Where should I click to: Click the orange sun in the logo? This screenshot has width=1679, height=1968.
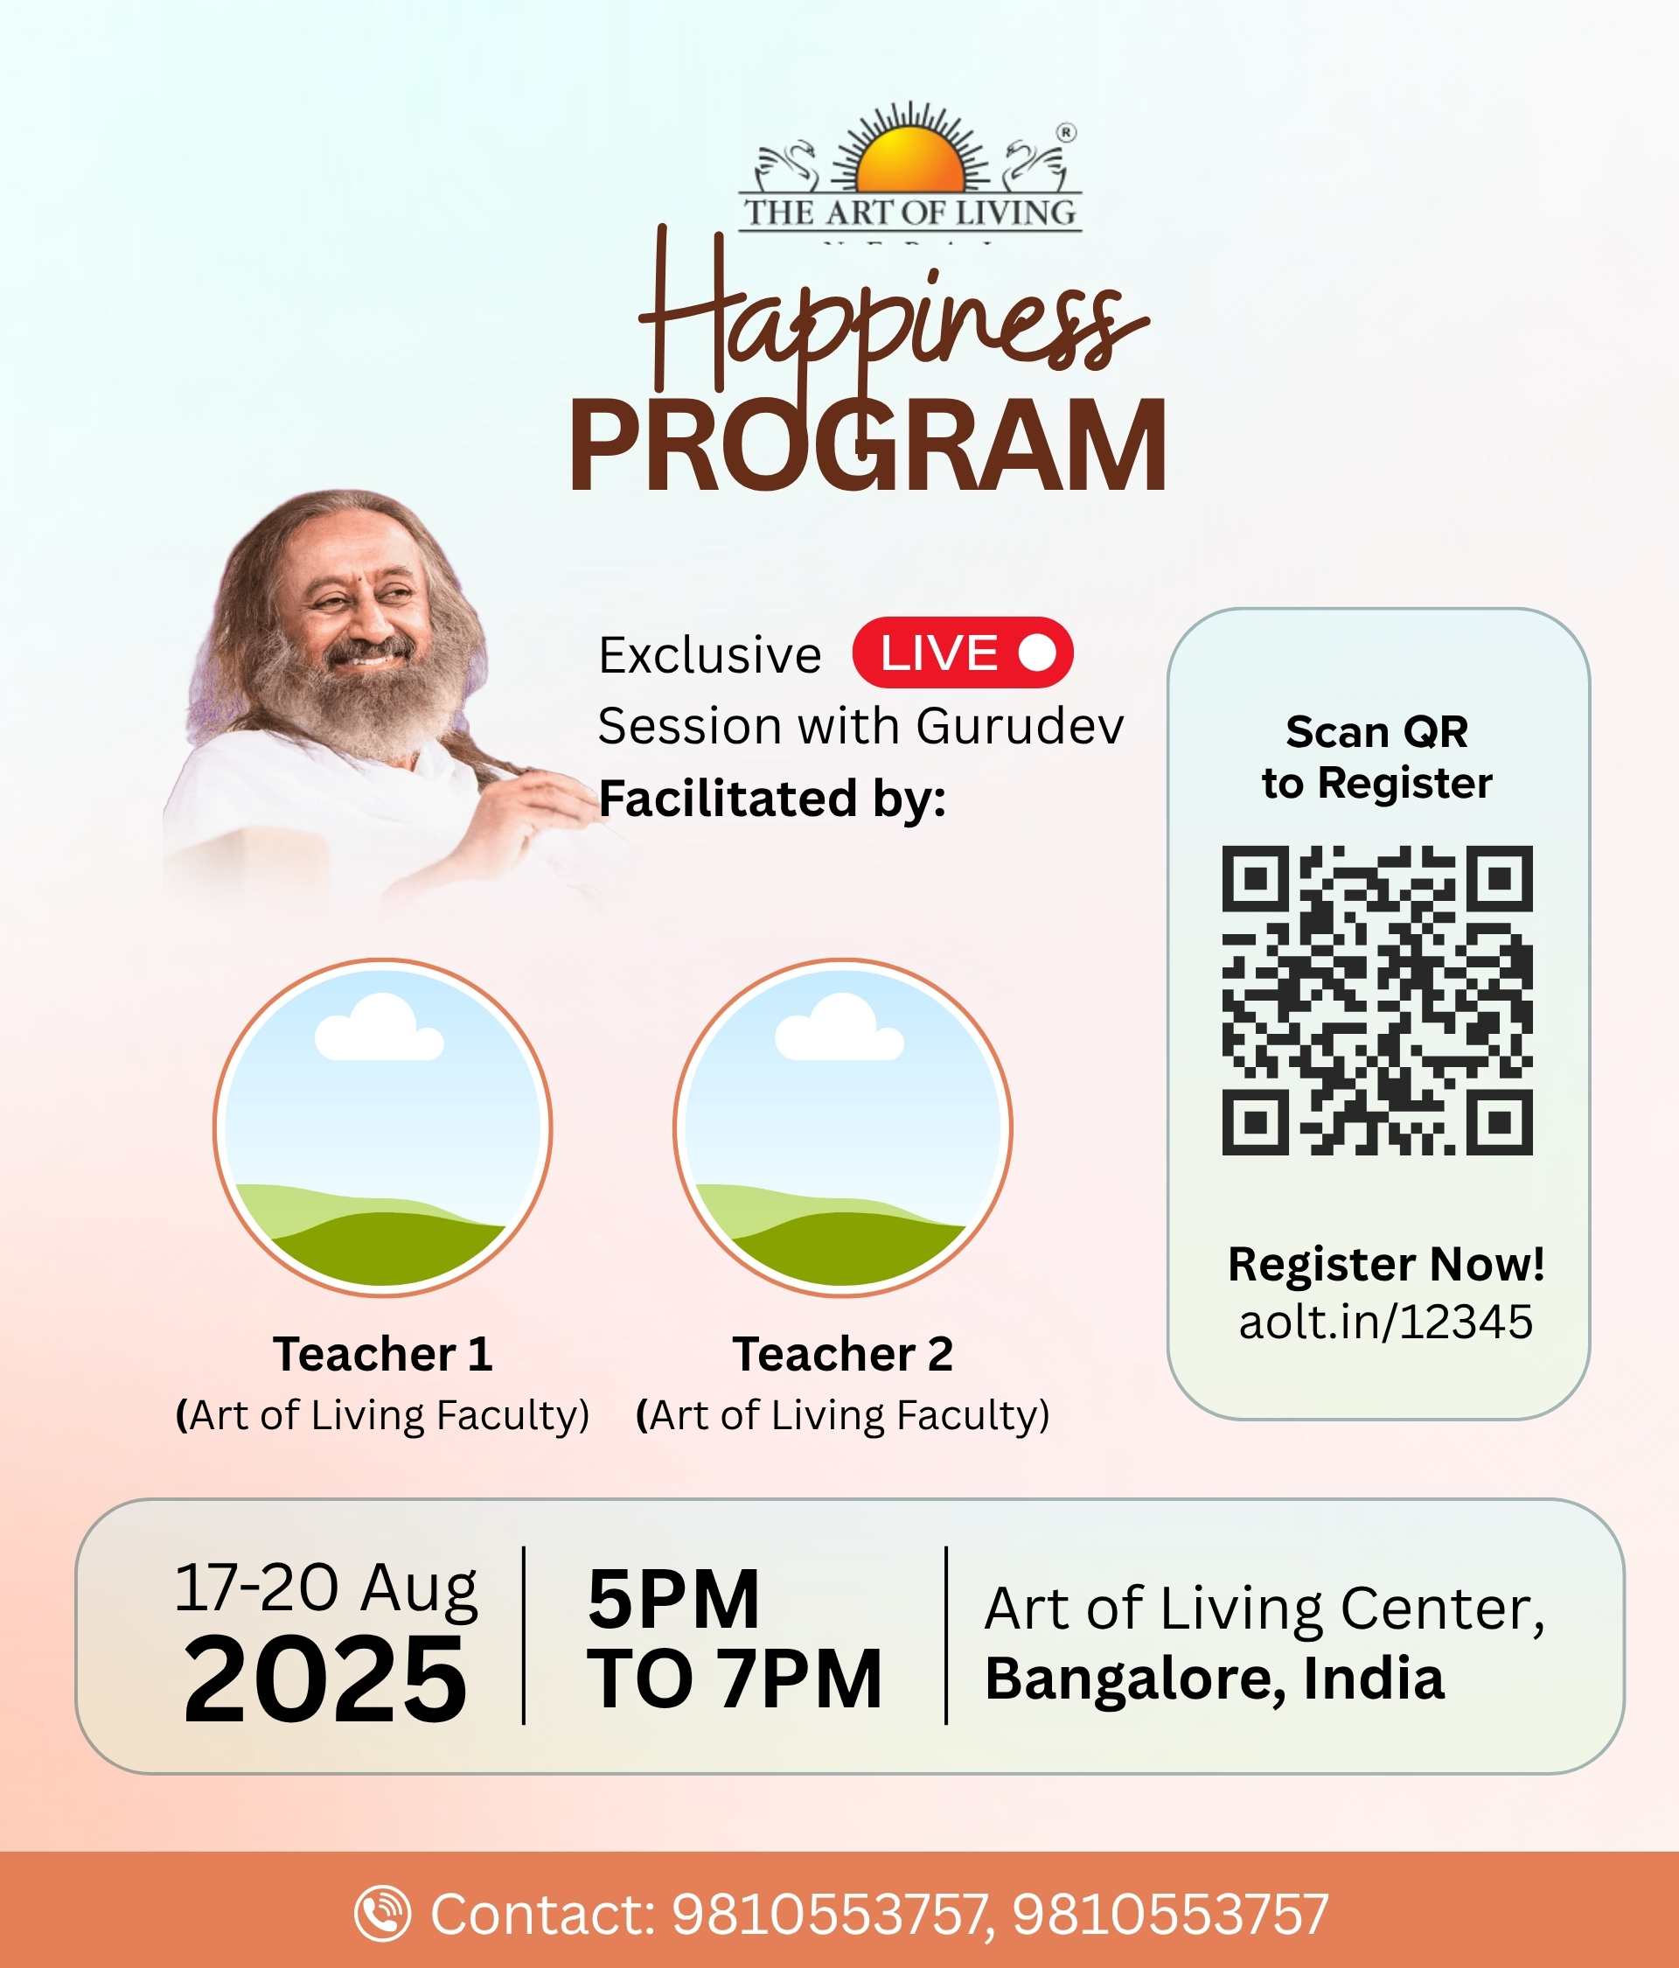[x=909, y=159]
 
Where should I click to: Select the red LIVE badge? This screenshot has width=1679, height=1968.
[x=962, y=653]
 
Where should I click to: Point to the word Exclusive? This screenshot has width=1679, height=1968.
[x=709, y=655]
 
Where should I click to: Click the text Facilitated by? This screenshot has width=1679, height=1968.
[x=772, y=798]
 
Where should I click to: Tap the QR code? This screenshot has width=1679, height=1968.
[x=1377, y=1000]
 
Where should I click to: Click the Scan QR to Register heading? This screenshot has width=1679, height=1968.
[x=1377, y=757]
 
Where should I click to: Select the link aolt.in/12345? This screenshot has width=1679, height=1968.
[x=1385, y=1321]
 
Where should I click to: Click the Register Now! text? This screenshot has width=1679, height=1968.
[x=1385, y=1264]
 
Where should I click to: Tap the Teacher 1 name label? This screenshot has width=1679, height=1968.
[x=383, y=1353]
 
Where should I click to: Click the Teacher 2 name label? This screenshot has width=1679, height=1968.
[x=842, y=1353]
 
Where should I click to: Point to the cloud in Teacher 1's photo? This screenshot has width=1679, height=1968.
[x=379, y=1028]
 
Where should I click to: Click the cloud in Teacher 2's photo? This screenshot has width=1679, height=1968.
[x=839, y=1028]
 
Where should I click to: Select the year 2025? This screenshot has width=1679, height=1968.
[x=324, y=1679]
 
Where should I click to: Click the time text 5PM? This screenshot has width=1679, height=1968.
[x=673, y=1599]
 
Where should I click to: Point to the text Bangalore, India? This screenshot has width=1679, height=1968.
[x=1215, y=1678]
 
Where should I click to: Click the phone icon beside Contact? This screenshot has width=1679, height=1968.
[x=382, y=1913]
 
